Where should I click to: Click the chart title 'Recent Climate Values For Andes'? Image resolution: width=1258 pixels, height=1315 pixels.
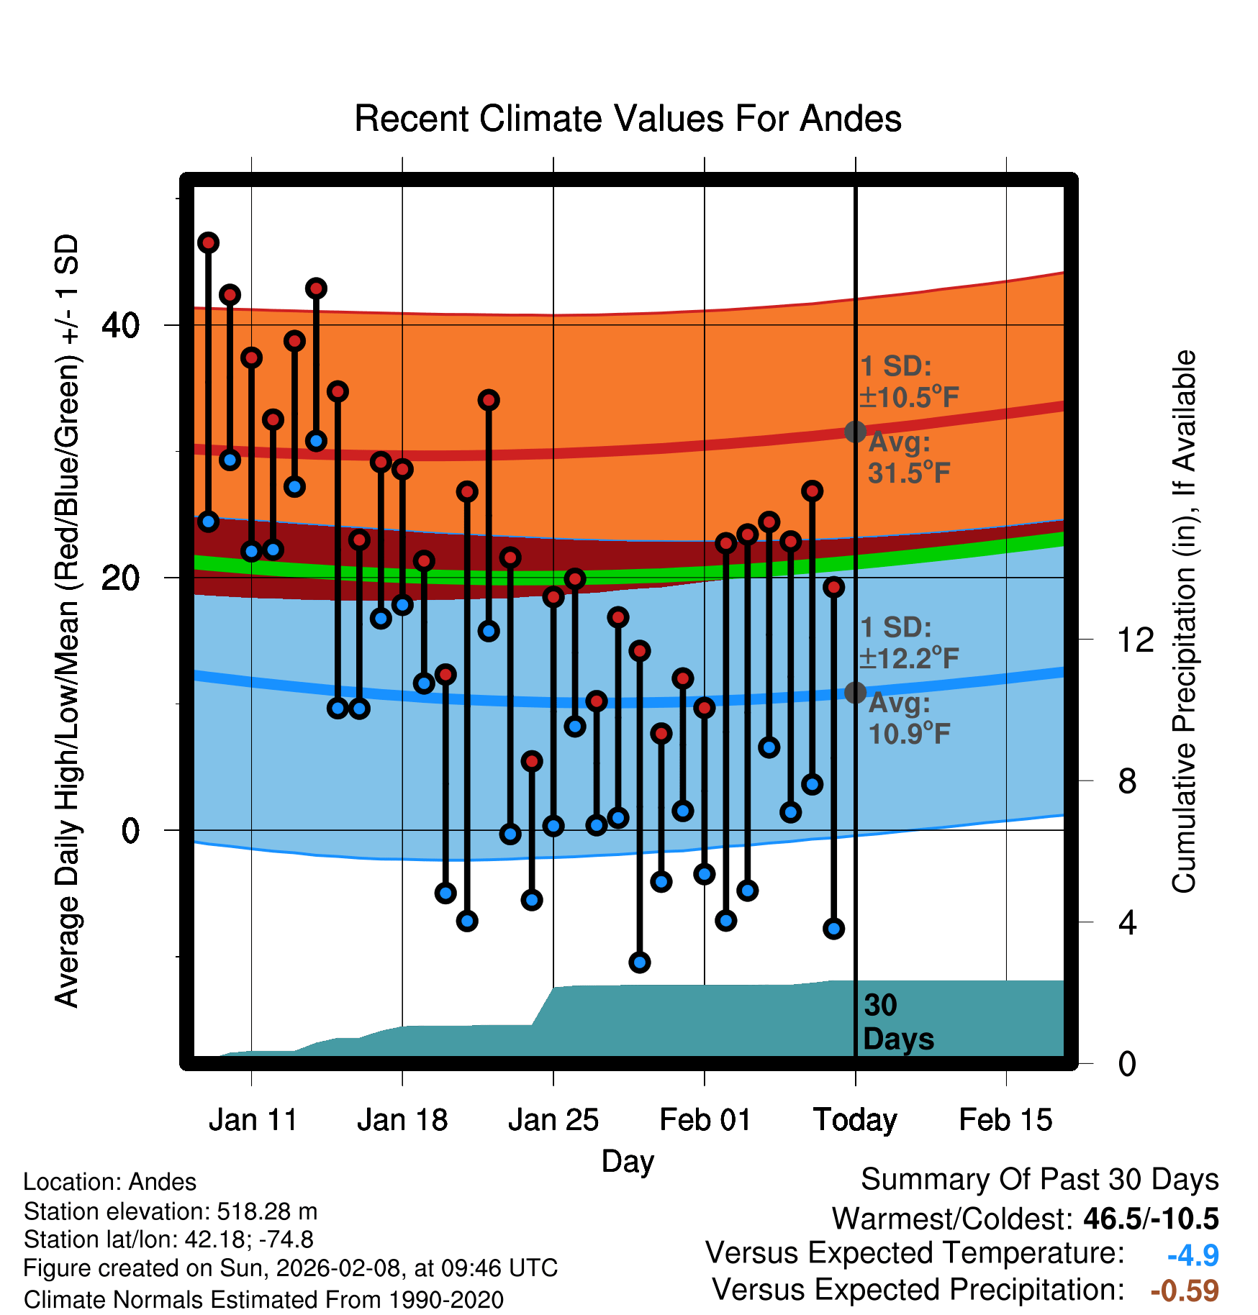pyautogui.click(x=628, y=119)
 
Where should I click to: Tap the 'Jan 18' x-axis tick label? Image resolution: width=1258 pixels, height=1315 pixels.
pyautogui.click(x=402, y=1119)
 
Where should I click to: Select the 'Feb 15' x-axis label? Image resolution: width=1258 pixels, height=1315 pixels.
pyautogui.click(x=1005, y=1119)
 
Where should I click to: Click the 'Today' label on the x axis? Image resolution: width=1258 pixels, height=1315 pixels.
pyautogui.click(x=855, y=1119)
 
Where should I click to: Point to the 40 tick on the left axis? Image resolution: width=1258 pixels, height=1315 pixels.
pyautogui.click(x=120, y=326)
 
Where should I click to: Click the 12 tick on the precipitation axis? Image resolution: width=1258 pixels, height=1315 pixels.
pyautogui.click(x=1135, y=640)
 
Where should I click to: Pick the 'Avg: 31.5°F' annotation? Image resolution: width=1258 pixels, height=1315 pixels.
pyautogui.click(x=908, y=458)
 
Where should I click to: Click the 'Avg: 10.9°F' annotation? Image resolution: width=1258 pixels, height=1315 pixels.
pyautogui.click(x=908, y=719)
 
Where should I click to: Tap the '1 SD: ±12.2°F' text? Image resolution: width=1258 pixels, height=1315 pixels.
pyautogui.click(x=908, y=642)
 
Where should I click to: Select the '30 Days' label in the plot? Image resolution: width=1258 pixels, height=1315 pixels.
pyautogui.click(x=897, y=1022)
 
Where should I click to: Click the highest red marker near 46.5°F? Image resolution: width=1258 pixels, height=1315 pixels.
pyautogui.click(x=209, y=243)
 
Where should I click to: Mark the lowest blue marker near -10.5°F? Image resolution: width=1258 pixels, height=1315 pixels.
pyautogui.click(x=639, y=963)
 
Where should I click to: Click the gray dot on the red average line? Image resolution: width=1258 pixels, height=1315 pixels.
pyautogui.click(x=855, y=432)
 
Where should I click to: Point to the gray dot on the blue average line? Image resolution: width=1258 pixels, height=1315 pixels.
pyautogui.click(x=855, y=693)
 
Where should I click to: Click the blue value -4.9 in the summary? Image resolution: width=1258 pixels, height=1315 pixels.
pyautogui.click(x=1193, y=1255)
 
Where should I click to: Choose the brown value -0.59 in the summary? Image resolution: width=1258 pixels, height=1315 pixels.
pyautogui.click(x=1185, y=1291)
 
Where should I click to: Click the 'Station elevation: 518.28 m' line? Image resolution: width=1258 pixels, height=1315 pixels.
pyautogui.click(x=171, y=1211)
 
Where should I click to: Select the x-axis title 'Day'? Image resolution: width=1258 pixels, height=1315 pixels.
pyautogui.click(x=628, y=1161)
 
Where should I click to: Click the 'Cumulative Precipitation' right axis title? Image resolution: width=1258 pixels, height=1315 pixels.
pyautogui.click(x=1184, y=622)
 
